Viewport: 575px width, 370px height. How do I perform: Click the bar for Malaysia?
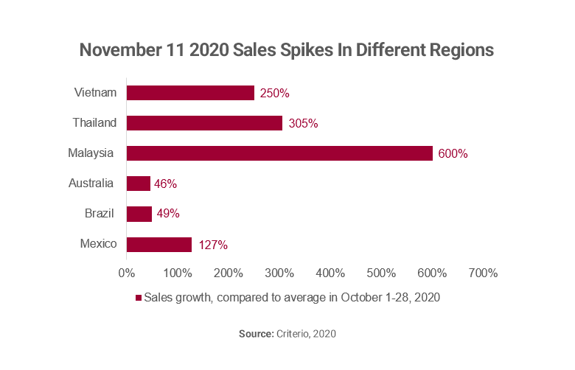coord(279,153)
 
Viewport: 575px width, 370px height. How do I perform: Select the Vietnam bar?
coord(190,93)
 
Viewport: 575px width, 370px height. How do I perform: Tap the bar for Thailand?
coord(204,123)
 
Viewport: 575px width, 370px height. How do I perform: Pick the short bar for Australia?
coord(139,184)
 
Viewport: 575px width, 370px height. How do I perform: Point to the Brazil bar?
coord(139,214)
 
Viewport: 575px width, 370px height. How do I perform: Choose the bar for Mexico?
coord(159,244)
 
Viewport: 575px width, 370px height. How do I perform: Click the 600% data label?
coord(453,154)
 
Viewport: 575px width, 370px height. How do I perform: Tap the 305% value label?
coord(303,124)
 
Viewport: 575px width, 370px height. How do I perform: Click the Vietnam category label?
coord(94,93)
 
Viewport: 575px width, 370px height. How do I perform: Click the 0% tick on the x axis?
coord(127,273)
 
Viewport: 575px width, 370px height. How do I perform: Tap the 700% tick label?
coord(483,273)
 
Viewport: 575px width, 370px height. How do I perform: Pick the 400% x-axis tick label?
coord(330,273)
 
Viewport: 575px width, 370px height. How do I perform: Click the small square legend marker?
coord(138,298)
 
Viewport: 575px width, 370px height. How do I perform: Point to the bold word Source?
coord(255,334)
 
